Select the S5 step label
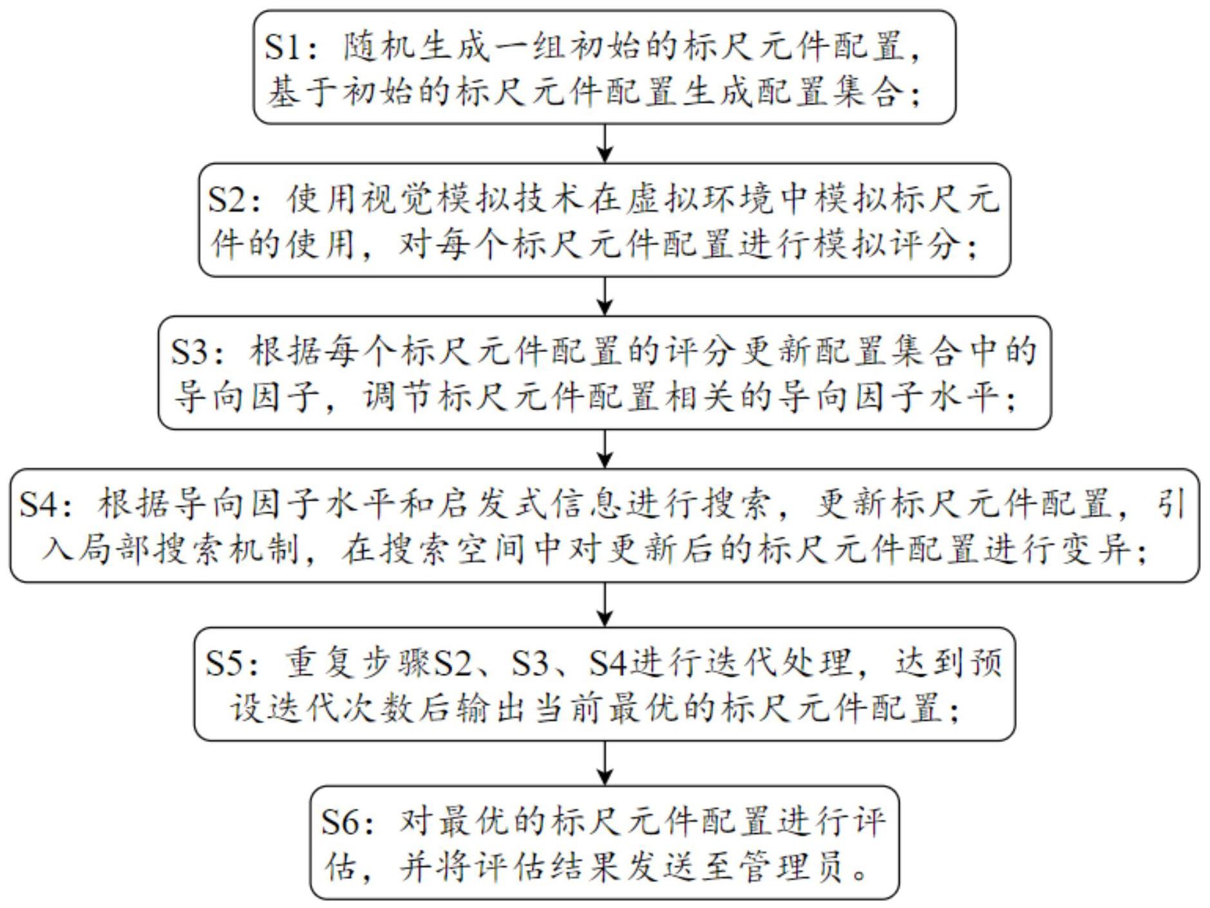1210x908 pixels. click(x=224, y=663)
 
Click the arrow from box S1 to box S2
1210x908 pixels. click(x=605, y=143)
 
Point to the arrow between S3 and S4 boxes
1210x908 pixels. click(x=605, y=449)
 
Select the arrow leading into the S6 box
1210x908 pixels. click(x=605, y=763)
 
